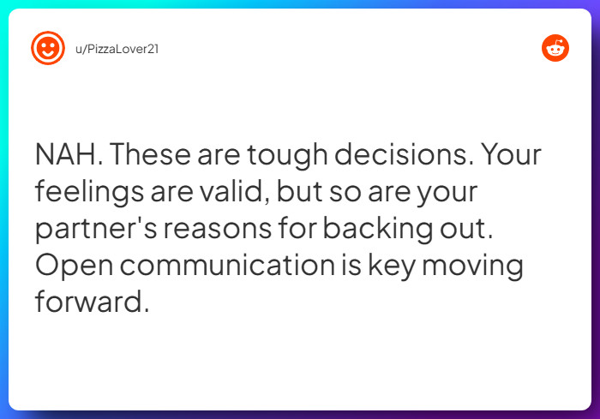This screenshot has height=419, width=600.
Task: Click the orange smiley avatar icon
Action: pyautogui.click(x=48, y=48)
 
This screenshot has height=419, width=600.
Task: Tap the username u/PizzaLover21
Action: pyautogui.click(x=116, y=49)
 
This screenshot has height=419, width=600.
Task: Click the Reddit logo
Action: pyautogui.click(x=555, y=48)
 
